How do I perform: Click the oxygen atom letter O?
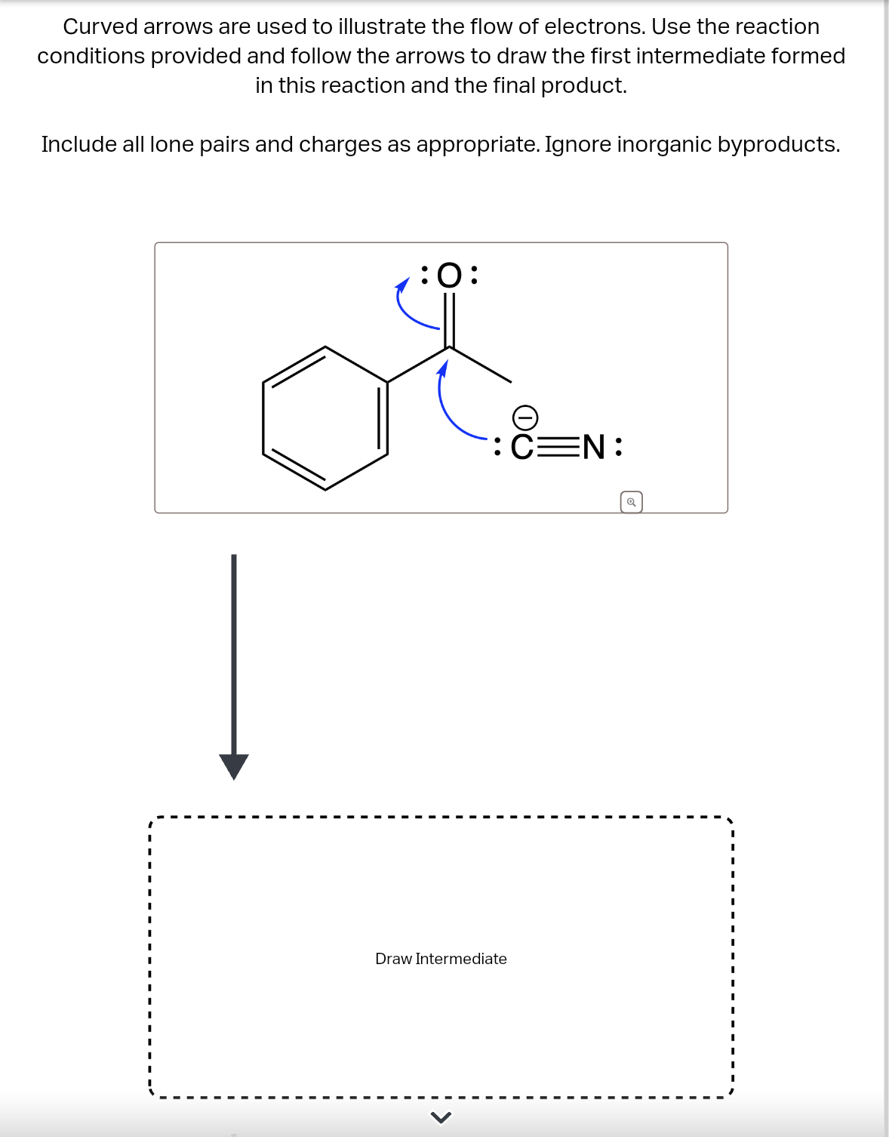click(x=449, y=276)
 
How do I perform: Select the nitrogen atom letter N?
click(x=593, y=447)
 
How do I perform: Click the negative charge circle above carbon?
click(x=525, y=417)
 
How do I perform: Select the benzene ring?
click(x=325, y=418)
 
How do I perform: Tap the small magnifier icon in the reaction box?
click(x=631, y=502)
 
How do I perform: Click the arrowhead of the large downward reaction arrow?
click(x=234, y=766)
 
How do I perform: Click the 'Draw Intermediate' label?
click(x=441, y=959)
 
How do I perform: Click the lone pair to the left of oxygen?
click(x=425, y=276)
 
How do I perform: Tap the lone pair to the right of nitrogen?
click(x=619, y=447)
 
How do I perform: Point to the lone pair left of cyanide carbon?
click(x=497, y=447)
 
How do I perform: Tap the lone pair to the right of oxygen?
click(x=473, y=276)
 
